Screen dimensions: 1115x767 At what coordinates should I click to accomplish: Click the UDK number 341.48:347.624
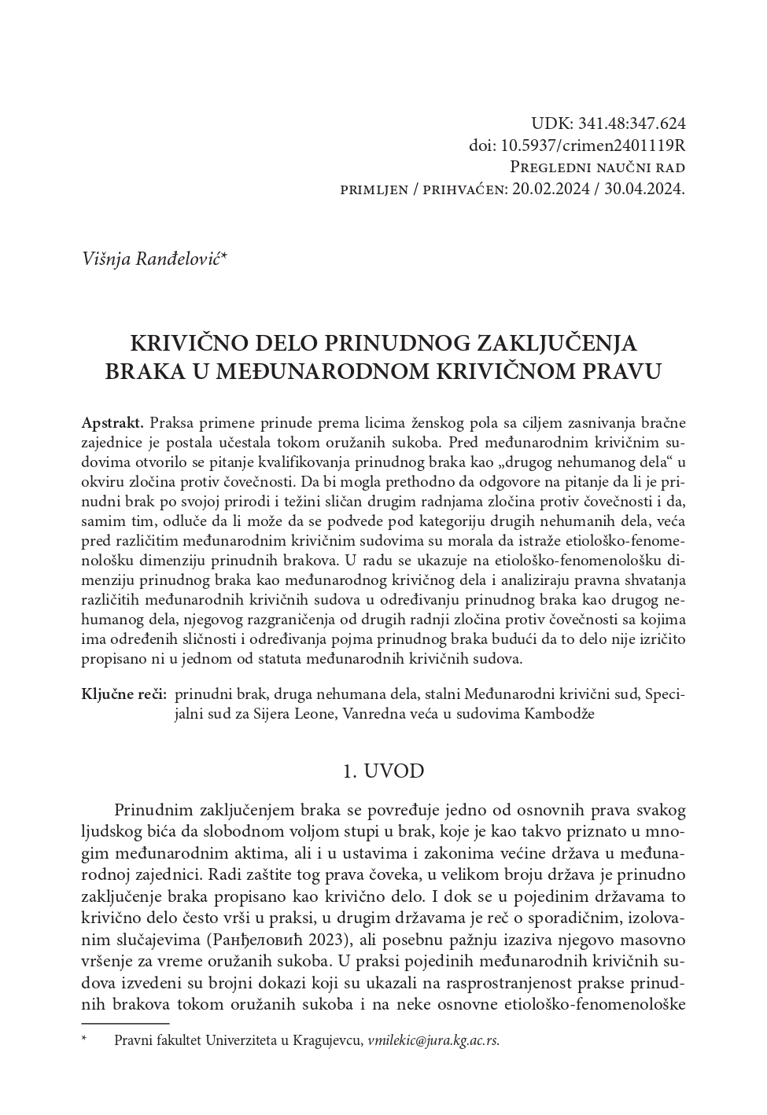[x=632, y=123]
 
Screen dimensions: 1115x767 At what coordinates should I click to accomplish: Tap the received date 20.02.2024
[x=554, y=190]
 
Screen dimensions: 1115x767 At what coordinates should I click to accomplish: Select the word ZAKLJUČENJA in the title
[x=556, y=344]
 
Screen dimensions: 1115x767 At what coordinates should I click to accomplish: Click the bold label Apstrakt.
[x=112, y=422]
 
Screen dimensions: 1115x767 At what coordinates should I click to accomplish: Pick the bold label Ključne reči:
[x=124, y=694]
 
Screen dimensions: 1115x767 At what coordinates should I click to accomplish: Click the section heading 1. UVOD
[x=384, y=771]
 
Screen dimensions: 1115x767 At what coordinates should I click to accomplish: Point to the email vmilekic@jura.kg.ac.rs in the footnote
[x=433, y=1040]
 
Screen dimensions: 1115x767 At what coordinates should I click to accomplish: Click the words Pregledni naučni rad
[x=598, y=167]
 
